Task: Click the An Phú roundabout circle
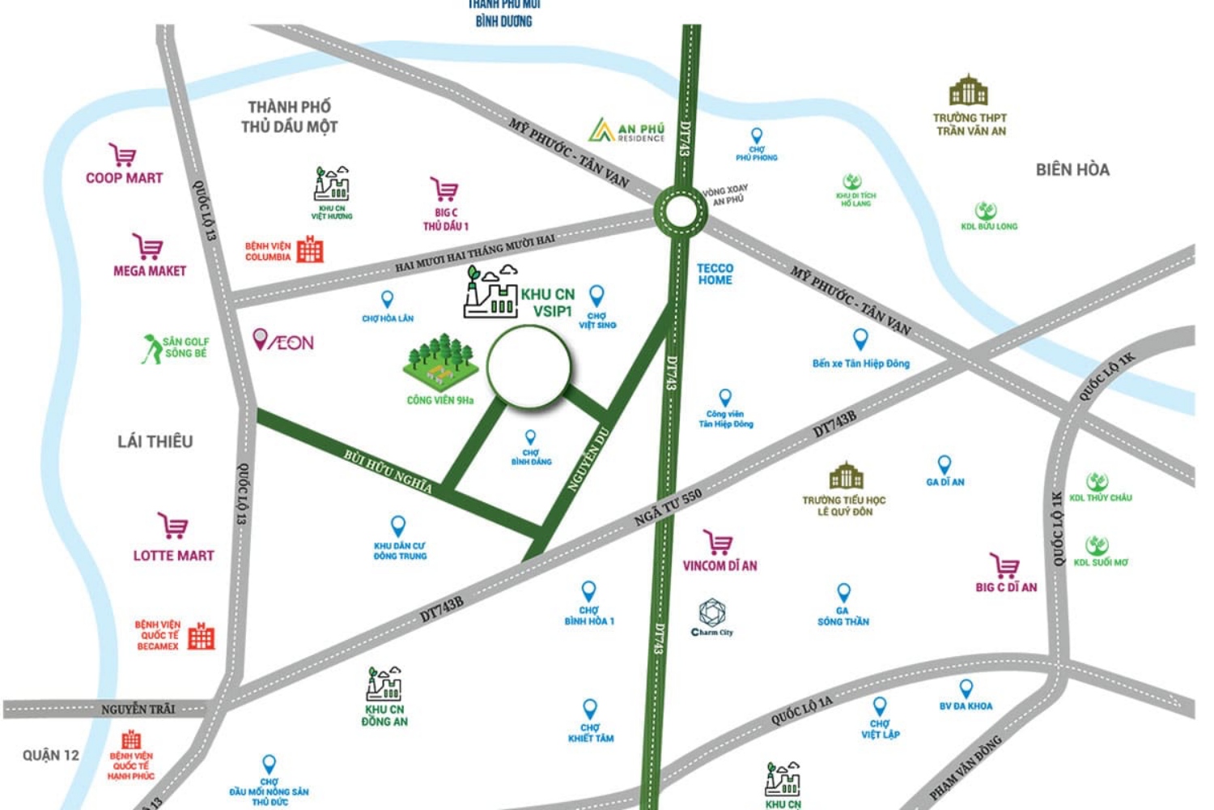[681, 211]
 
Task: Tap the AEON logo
[283, 342]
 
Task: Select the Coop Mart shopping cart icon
[123, 155]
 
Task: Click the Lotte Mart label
[173, 556]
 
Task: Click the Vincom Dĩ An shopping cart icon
[718, 543]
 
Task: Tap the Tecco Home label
[715, 274]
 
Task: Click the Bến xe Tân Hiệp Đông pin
[860, 339]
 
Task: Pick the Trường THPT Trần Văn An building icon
[968, 91]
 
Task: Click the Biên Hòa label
[1072, 170]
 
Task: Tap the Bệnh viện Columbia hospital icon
[309, 249]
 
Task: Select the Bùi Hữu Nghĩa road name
[388, 471]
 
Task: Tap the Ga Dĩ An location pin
[944, 464]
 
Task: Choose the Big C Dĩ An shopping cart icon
[1004, 565]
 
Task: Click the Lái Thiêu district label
[155, 441]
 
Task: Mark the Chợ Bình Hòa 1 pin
[588, 591]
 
